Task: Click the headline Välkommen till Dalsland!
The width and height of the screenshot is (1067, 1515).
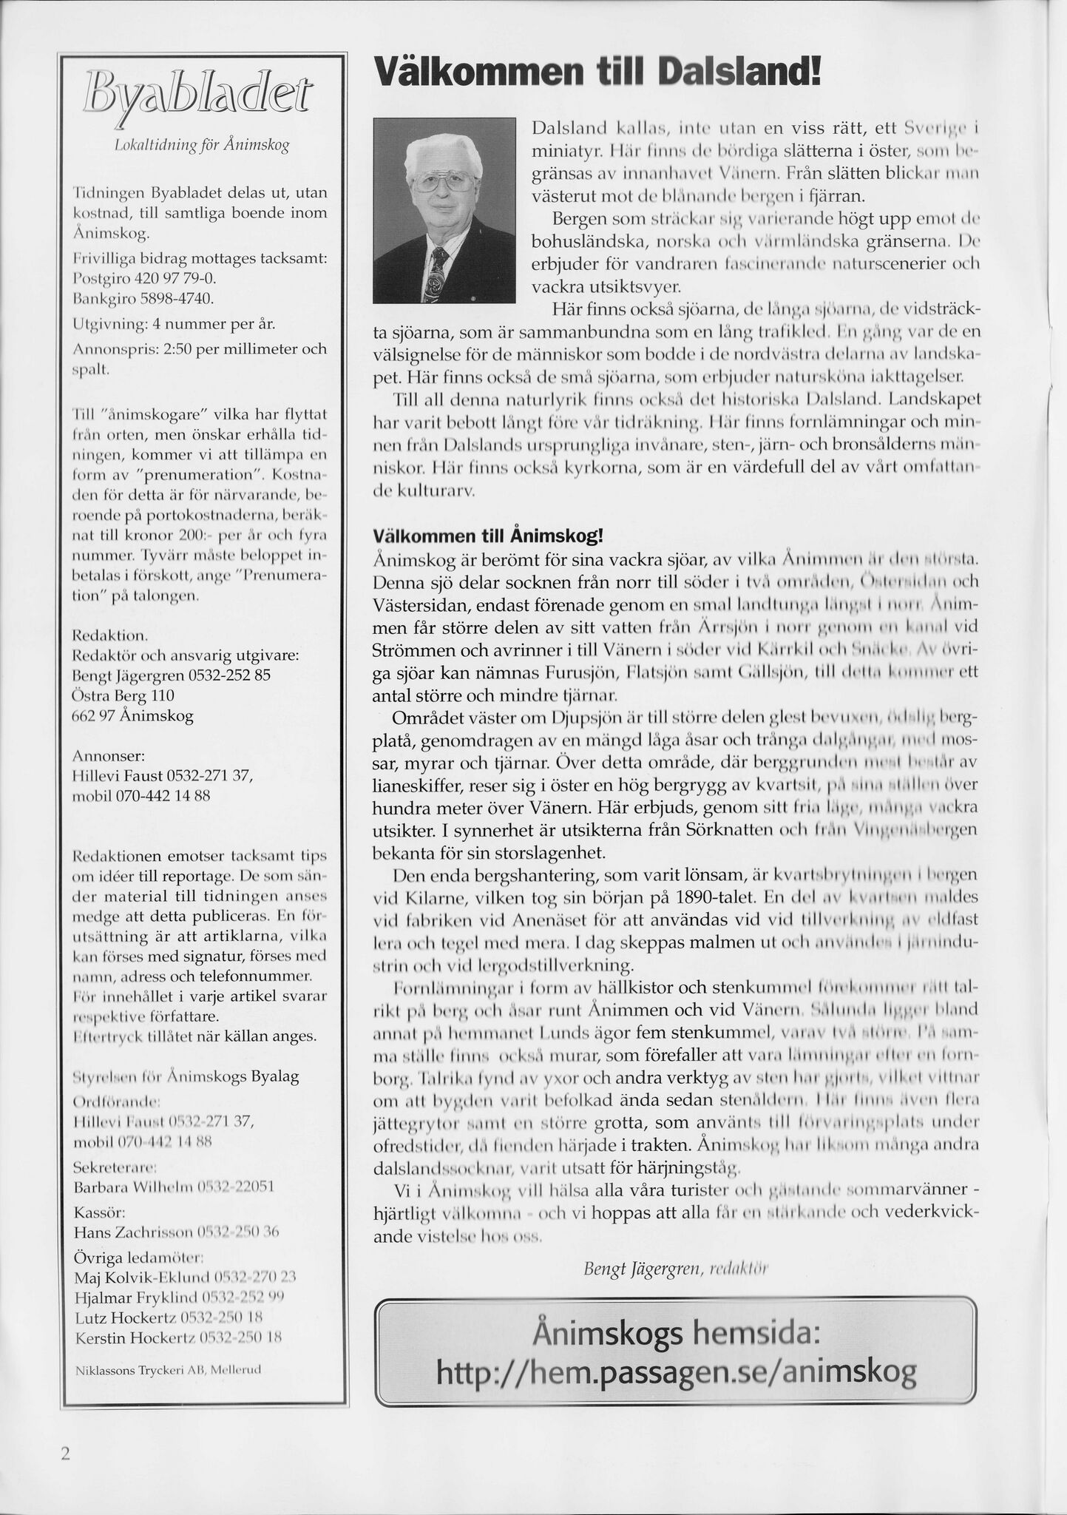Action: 597,75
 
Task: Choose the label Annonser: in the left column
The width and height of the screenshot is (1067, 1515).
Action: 109,756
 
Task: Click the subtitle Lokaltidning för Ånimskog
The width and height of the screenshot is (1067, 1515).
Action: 200,145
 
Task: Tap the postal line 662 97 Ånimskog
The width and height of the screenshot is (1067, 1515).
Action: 133,716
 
